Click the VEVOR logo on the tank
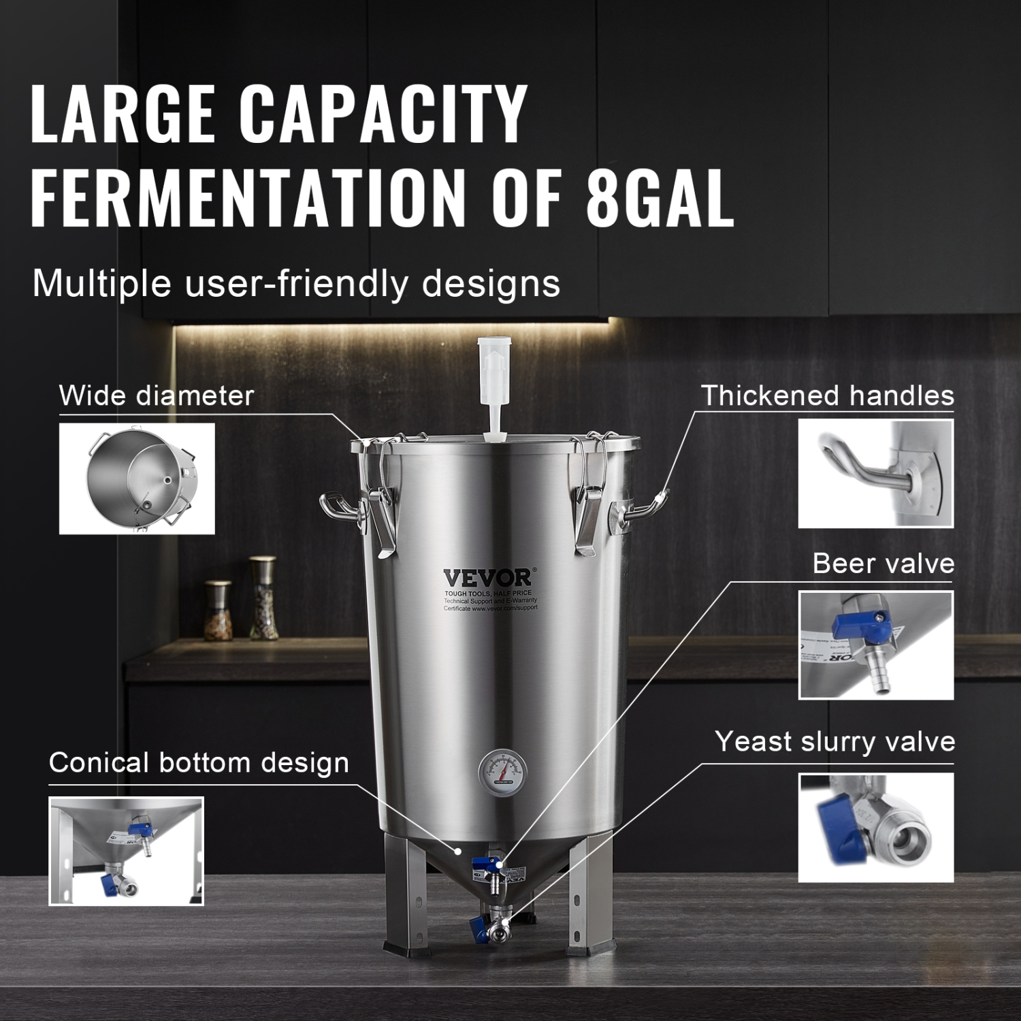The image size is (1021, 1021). tap(487, 578)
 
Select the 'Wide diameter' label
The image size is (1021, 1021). tap(157, 395)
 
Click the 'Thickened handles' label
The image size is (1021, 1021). tap(828, 395)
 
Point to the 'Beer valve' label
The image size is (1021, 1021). tap(884, 564)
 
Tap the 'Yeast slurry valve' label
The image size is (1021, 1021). tap(834, 741)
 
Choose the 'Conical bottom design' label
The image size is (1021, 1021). tap(199, 763)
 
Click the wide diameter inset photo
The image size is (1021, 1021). tap(137, 478)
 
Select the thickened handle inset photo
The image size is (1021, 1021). tap(875, 473)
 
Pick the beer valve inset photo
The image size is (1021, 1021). tap(875, 645)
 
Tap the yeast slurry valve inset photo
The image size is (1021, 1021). tap(875, 827)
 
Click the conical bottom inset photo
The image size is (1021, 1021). tap(126, 851)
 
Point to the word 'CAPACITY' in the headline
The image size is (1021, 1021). tap(387, 112)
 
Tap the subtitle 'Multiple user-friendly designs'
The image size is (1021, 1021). tap(296, 283)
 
